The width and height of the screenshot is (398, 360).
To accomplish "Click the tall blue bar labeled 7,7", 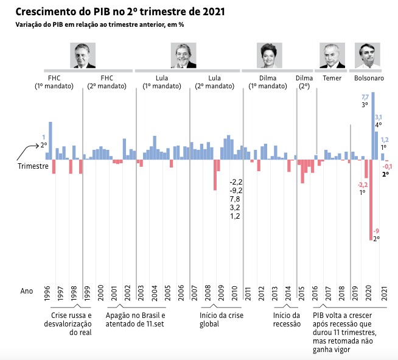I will pos(373,125).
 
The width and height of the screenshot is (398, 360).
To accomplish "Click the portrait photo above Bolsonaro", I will pos(367,55).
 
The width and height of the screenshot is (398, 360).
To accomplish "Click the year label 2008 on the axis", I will pos(209,291).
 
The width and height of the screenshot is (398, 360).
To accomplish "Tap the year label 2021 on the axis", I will pos(383,291).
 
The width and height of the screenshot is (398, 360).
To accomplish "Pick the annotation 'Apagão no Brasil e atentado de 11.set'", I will pos(135,320).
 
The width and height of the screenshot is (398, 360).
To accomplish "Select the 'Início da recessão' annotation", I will pos(286,320).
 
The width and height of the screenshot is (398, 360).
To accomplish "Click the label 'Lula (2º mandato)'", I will pos(214,82).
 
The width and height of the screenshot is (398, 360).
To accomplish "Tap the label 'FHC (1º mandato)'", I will pos(54,82).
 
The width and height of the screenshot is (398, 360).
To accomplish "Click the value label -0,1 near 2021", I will pos(387,166).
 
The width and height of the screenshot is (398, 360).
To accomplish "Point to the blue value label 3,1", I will pos(378,117).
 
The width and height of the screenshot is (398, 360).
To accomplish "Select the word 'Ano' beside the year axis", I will pos(27,291).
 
